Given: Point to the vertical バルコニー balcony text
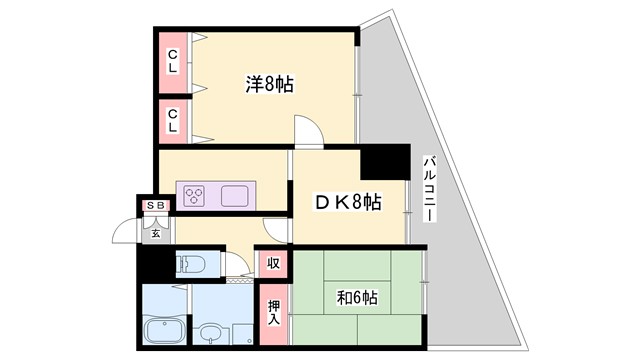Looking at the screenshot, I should click(x=429, y=195).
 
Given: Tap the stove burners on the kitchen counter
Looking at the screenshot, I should click(x=193, y=194).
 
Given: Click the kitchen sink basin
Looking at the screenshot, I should click(x=236, y=194).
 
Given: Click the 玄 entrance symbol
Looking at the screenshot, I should click(x=157, y=233).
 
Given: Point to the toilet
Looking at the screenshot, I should click(x=190, y=266).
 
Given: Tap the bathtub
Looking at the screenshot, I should click(x=164, y=332).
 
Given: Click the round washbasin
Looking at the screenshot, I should click(x=211, y=332).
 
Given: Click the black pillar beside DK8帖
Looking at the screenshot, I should click(x=385, y=163).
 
